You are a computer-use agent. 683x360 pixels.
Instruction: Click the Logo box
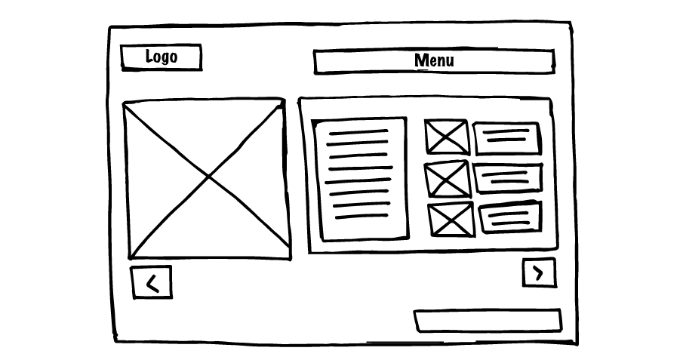161,57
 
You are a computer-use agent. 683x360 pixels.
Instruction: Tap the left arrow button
152,282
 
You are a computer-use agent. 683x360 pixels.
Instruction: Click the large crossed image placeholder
207,179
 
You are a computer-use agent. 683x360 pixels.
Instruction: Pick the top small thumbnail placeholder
447,137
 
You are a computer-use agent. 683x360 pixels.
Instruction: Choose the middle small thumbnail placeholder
448,179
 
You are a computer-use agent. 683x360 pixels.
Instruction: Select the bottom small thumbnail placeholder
451,220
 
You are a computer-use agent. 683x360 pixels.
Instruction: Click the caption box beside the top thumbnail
507,137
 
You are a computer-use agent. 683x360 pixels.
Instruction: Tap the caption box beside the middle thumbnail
508,178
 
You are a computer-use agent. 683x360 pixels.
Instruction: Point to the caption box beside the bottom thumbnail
510,217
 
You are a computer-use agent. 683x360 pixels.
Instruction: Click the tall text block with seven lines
361,179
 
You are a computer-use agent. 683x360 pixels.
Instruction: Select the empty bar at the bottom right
488,320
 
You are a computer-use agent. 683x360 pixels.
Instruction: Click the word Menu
434,60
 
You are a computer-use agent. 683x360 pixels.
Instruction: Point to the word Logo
161,57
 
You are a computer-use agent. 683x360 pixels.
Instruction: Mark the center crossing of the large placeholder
208,177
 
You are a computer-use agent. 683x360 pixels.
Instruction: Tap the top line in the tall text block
358,131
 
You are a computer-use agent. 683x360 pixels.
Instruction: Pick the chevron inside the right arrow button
539,272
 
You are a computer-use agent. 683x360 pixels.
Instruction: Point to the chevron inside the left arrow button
152,283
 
